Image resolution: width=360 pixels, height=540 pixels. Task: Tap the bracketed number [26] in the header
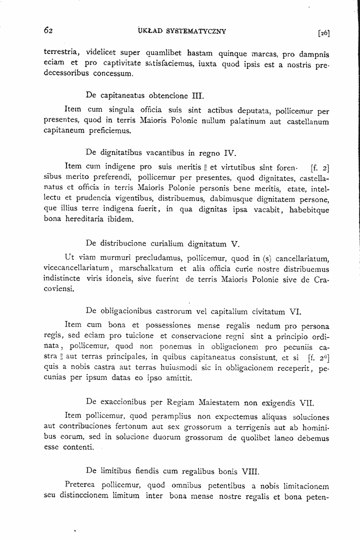323,33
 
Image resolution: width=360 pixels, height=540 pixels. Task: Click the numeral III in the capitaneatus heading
198,94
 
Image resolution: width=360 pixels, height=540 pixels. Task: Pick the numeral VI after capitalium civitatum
294,313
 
